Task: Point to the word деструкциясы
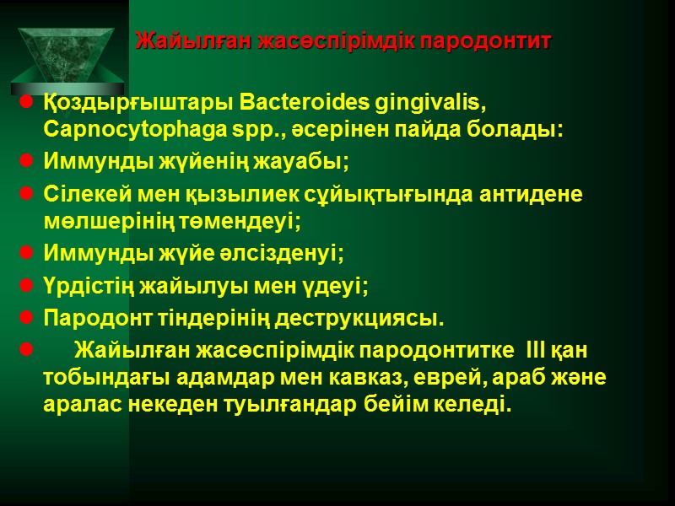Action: coord(365,320)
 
